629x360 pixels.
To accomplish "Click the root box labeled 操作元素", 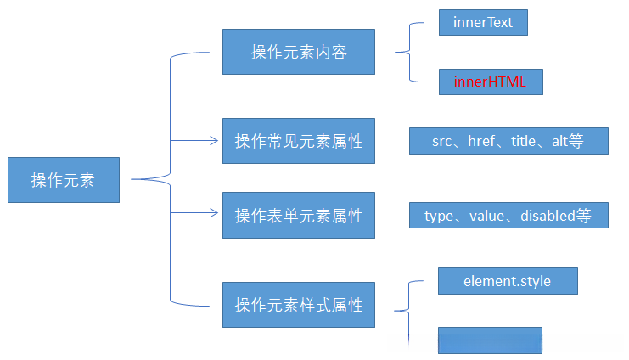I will (64, 180).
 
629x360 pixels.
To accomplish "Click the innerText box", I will (483, 23).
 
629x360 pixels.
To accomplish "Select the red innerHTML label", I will (489, 82).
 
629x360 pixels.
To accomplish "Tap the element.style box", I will (508, 281).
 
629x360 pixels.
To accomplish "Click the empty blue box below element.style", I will (490, 340).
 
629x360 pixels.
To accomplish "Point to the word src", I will (442, 142).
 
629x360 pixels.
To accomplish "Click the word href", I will (481, 142).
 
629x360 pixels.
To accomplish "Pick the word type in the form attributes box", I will (439, 216).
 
